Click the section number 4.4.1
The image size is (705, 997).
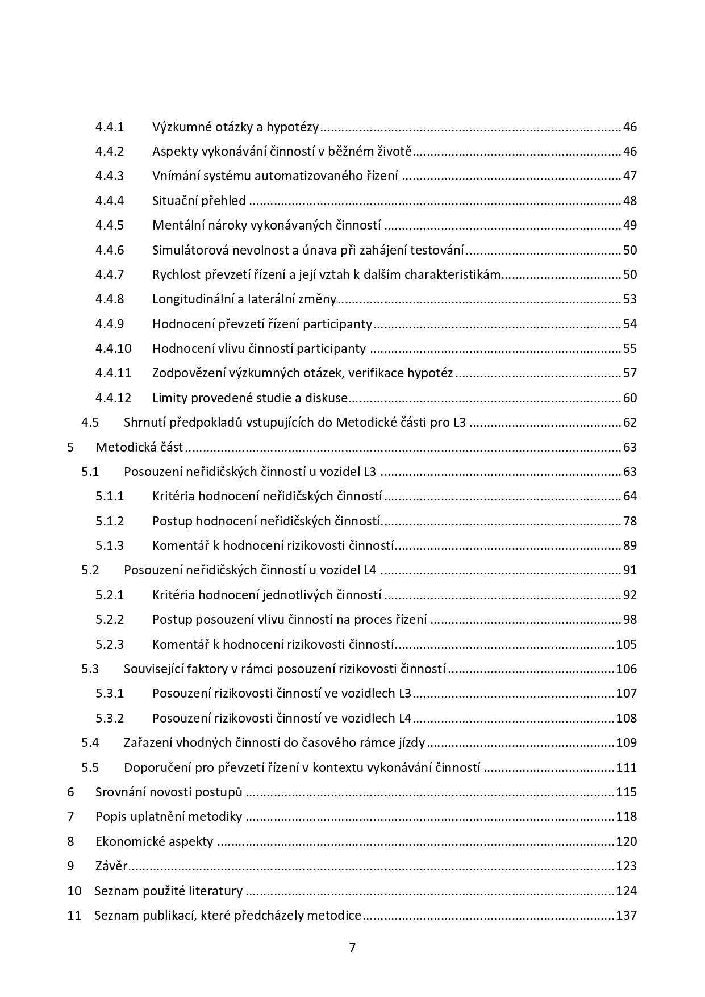click(110, 127)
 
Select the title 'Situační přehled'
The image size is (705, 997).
click(199, 201)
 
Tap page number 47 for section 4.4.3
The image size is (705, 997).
click(629, 176)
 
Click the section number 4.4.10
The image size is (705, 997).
click(113, 348)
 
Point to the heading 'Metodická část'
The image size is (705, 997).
click(139, 447)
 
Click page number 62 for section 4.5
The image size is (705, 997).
click(629, 423)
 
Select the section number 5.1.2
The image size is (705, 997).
click(110, 521)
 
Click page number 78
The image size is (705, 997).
click(629, 521)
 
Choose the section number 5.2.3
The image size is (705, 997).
click(110, 644)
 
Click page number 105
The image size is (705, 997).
click(626, 644)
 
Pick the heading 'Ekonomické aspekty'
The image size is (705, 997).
click(154, 841)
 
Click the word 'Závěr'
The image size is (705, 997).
click(111, 866)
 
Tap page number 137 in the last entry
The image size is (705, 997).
click(626, 915)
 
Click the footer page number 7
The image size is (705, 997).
click(352, 947)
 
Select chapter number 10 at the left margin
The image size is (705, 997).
click(74, 891)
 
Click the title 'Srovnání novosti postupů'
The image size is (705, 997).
click(169, 792)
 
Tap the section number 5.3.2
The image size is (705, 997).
click(110, 718)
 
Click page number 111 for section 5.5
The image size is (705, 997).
click(626, 767)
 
